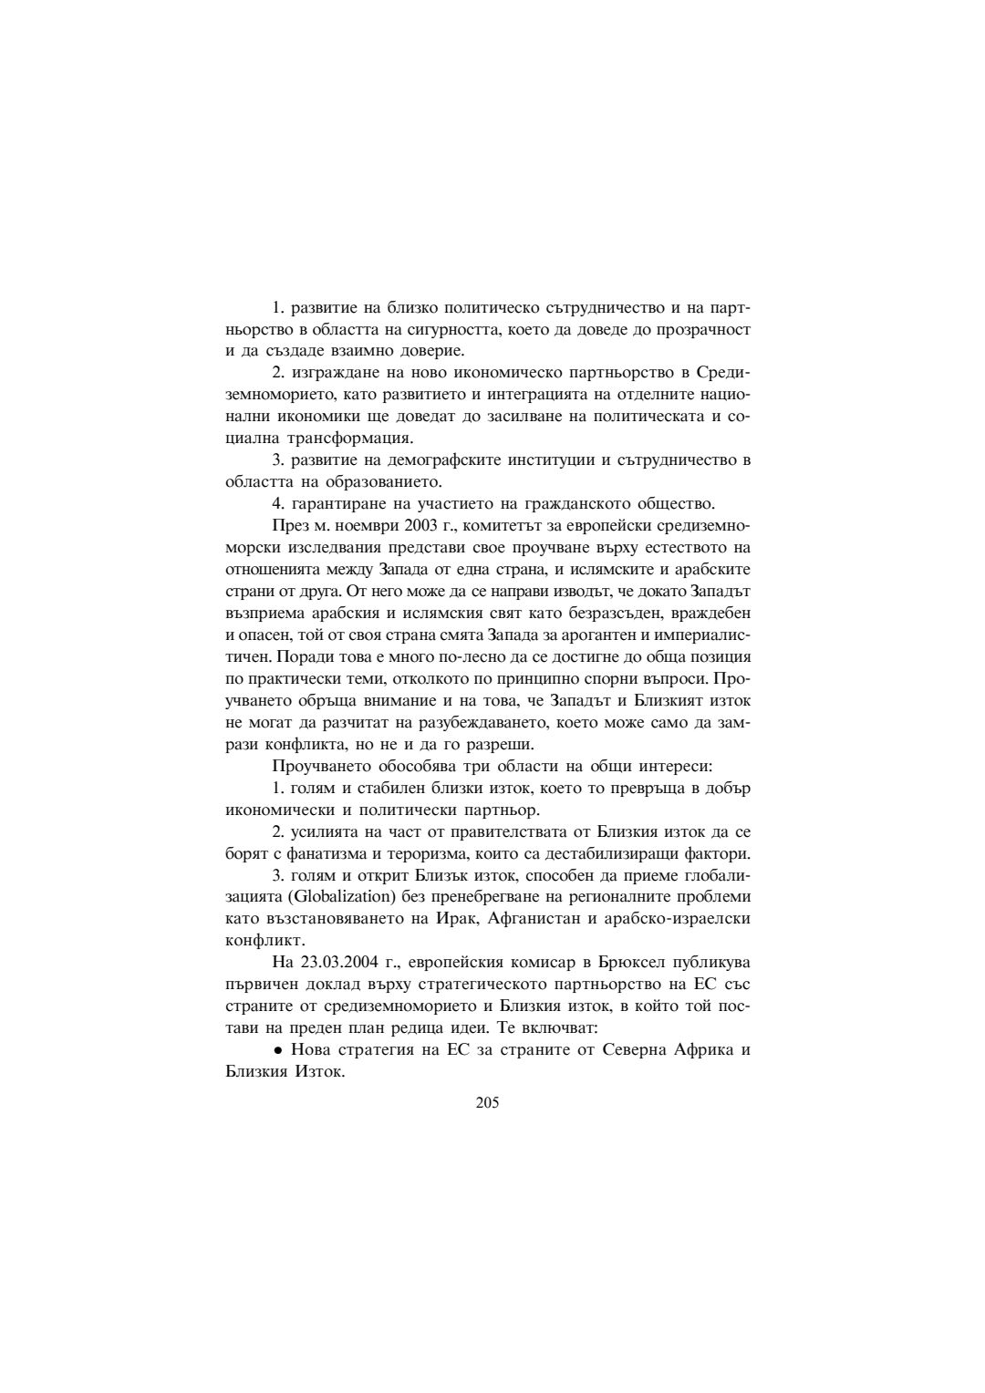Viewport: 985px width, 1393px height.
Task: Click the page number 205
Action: [487, 1104]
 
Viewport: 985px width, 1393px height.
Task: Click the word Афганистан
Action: [534, 919]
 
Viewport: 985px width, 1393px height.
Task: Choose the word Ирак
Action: [458, 919]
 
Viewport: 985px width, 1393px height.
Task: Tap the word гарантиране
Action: [333, 504]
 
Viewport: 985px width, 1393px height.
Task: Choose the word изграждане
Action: [333, 373]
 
